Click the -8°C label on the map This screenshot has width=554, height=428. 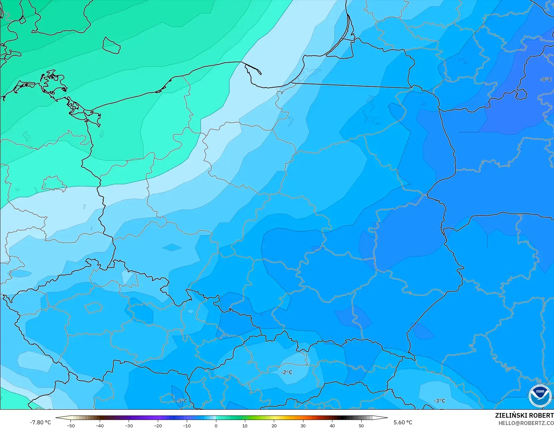pos(546,79)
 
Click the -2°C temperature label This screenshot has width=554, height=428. pos(286,372)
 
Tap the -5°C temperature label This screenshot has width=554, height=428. pos(181,401)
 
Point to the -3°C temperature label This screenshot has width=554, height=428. pos(439,401)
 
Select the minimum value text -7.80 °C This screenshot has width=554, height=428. pos(41,422)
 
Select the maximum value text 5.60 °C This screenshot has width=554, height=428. pos(403,422)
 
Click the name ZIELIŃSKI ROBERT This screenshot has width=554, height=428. pos(524,416)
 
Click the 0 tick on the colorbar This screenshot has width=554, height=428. pos(216,426)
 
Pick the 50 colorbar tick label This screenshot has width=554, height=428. pos(361,426)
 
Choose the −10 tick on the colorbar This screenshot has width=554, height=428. pos(186,426)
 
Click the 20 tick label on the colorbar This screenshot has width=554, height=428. pos(274,426)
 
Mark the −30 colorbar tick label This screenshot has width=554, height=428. pos(129,426)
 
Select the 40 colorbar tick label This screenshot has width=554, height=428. pos(332,426)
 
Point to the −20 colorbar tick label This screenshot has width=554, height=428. pos(158,426)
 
